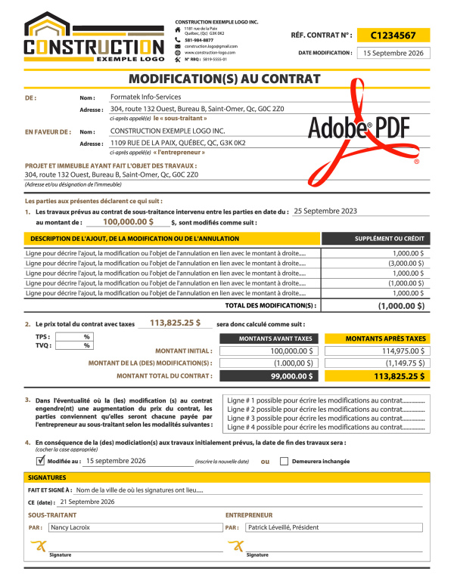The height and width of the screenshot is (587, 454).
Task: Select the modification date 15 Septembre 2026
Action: coord(393,53)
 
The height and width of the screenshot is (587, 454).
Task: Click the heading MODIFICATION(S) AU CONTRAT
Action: coord(225,79)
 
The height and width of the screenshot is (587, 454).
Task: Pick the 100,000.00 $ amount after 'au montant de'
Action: coord(128,222)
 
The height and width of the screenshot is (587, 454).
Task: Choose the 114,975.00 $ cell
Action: coord(399,351)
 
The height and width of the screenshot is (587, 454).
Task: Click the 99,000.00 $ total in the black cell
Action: coord(292,375)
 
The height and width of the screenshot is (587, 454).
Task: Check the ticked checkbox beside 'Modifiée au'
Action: coord(40,460)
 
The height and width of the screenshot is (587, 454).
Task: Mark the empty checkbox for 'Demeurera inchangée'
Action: coord(284,460)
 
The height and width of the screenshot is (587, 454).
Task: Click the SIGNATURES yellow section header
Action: coord(47,477)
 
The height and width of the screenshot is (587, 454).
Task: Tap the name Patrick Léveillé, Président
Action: coord(283,527)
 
